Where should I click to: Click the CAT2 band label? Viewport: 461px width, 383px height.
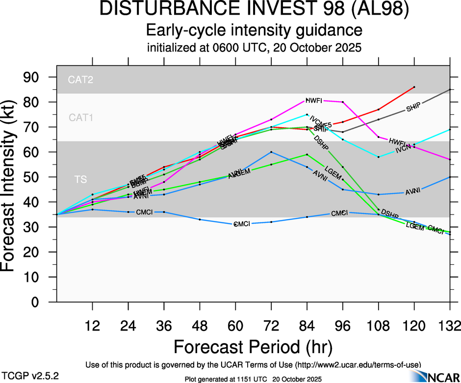tap(80, 80)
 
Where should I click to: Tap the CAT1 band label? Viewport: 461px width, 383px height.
tap(80, 117)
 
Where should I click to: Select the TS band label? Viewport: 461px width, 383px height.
tap(80, 180)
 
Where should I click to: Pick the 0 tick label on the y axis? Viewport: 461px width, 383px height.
tap(45, 302)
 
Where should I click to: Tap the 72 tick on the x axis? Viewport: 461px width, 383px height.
tap(271, 326)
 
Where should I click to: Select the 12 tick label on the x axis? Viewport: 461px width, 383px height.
tap(93, 326)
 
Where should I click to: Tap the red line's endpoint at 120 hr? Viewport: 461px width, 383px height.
tap(414, 87)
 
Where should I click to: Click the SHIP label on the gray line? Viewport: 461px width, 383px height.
tap(414, 109)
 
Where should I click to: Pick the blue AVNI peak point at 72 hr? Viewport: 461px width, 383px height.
tap(271, 152)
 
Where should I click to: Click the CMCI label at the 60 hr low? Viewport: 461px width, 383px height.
tap(241, 224)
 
